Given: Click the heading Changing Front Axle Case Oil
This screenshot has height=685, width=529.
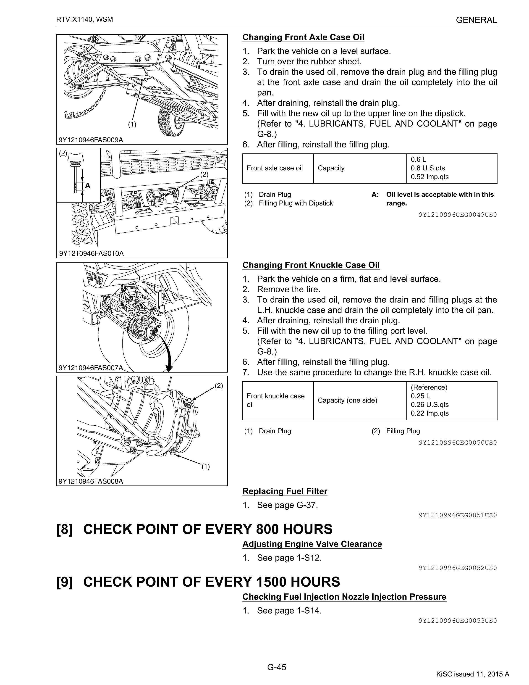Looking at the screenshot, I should [303, 37].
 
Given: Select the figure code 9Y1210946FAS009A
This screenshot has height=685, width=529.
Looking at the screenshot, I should [91, 140].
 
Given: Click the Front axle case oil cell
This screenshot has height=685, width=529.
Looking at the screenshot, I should [275, 168].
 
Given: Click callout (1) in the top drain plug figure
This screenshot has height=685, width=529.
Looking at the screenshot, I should [132, 124].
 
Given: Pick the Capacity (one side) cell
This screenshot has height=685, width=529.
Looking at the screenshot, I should [347, 400].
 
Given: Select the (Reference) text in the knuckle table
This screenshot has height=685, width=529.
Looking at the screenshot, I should [429, 387].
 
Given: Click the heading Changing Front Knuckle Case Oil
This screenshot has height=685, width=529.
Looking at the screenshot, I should [311, 265].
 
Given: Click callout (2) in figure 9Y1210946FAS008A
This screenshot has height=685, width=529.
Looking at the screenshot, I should [219, 386].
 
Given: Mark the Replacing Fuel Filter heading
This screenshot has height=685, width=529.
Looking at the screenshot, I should [285, 491].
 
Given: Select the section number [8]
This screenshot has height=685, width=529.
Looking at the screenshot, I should [65, 530].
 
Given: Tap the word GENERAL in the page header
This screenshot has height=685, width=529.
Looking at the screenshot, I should [476, 20].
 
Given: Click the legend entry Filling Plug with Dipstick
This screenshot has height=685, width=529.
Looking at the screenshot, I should [296, 203].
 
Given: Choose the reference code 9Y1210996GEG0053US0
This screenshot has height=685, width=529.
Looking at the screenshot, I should [458, 621].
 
